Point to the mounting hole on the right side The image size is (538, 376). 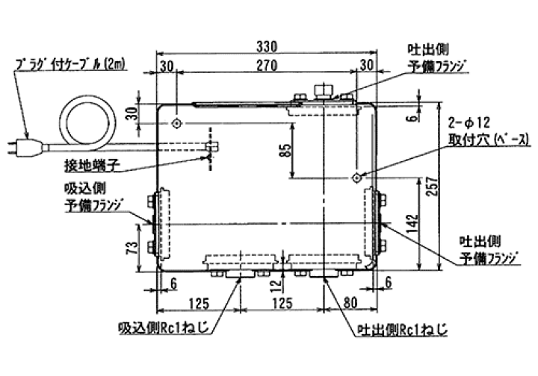tap(356, 178)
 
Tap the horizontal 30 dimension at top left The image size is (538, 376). tap(167, 66)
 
